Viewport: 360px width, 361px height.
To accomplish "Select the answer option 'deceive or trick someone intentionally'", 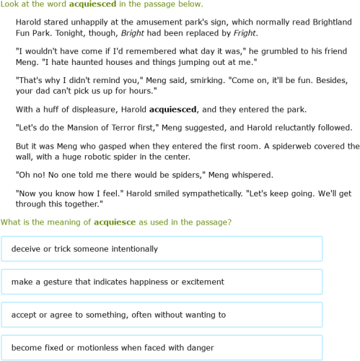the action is pos(162,249).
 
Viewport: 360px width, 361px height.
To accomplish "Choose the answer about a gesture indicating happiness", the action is pos(162,282).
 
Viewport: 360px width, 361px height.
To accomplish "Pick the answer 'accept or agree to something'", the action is pos(162,315).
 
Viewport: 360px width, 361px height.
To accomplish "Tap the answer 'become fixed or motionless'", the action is pos(162,348).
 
